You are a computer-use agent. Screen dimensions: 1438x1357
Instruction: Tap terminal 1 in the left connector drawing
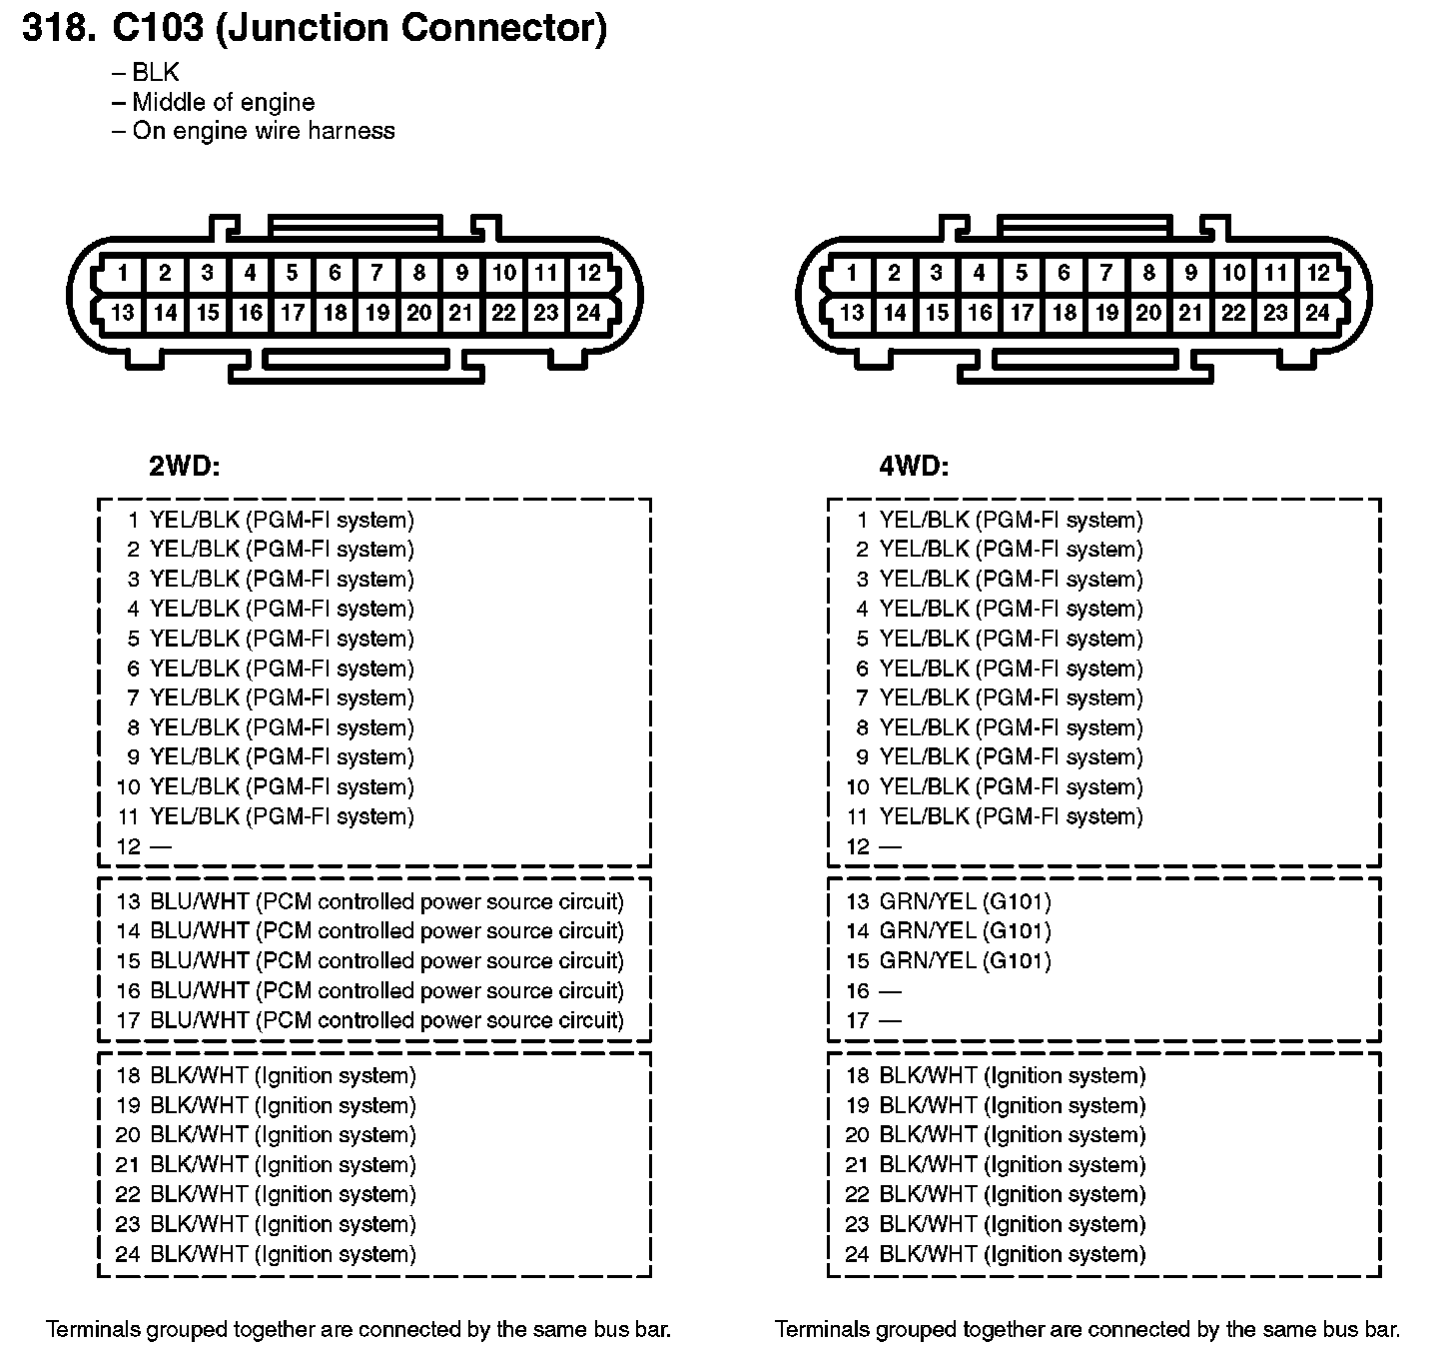(123, 273)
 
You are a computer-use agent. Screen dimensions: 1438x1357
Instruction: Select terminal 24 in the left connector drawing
(588, 313)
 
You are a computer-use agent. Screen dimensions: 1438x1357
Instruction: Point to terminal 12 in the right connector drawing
(1318, 273)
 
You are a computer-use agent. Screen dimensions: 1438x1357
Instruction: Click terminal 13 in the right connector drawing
(852, 313)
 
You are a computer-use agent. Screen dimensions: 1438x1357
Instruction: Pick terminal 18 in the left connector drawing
(335, 313)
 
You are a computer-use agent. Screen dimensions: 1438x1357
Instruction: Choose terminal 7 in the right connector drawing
(1105, 273)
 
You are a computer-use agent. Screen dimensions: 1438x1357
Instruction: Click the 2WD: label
(184, 466)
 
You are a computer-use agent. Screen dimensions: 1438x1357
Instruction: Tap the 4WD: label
(914, 466)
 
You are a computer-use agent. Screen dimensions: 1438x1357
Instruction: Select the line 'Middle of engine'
(223, 102)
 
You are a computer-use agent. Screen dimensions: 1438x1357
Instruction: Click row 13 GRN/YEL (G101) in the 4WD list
(948, 901)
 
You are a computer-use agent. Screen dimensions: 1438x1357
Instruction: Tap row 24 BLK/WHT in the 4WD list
(995, 1254)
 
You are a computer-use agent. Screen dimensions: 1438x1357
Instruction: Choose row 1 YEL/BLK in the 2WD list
(270, 520)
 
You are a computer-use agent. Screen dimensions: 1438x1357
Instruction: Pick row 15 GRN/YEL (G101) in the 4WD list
(948, 960)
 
